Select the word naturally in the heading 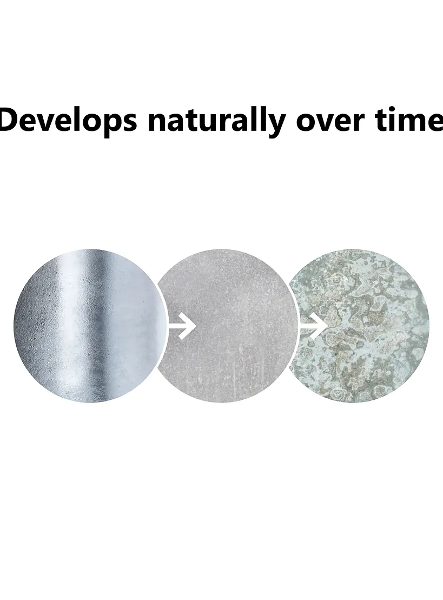[x=216, y=121]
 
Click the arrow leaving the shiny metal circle [x=182, y=326]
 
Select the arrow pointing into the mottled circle [x=313, y=326]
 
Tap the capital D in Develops [x=11, y=120]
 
